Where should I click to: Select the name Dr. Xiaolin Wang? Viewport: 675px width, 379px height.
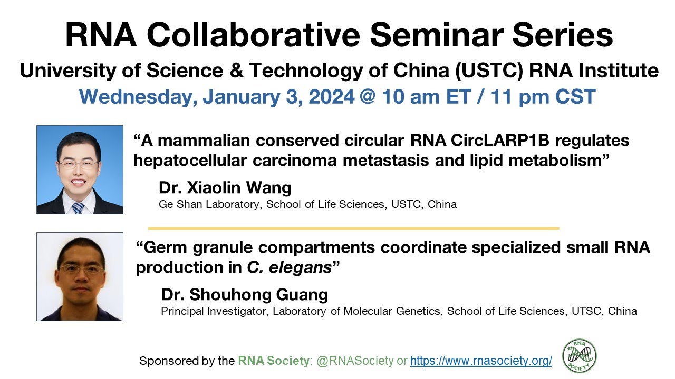225,188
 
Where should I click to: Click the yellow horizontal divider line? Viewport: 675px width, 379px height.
353,228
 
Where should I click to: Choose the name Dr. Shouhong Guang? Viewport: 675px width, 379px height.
245,294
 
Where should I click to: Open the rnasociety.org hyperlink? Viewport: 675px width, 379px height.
481,361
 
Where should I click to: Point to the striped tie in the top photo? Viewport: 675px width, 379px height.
78,207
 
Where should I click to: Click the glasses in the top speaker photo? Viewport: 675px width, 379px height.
78,164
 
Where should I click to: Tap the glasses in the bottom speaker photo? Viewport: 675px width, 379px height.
81,269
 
